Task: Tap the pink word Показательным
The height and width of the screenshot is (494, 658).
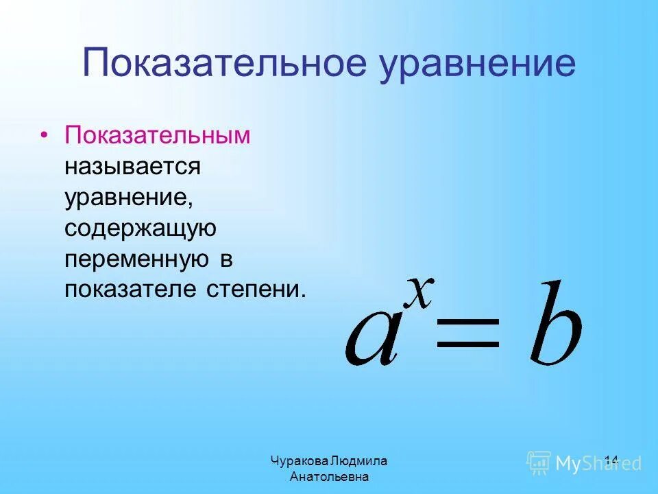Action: pos(158,134)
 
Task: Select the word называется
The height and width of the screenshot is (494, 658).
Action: pos(132,165)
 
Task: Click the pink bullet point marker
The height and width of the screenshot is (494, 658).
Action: pos(45,135)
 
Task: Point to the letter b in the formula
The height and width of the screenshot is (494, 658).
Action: pos(556,322)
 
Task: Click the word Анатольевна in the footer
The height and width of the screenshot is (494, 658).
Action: pos(329,476)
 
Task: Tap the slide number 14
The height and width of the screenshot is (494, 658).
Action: pos(611,461)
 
